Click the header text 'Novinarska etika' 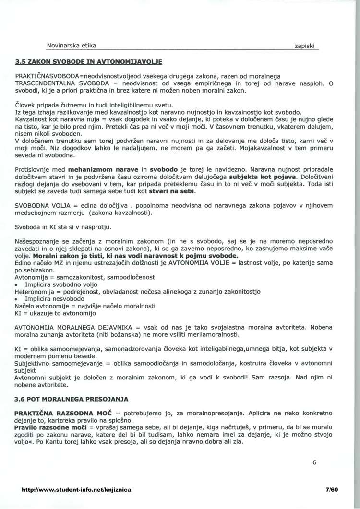(x=71, y=46)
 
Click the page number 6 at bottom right (x=314, y=463)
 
